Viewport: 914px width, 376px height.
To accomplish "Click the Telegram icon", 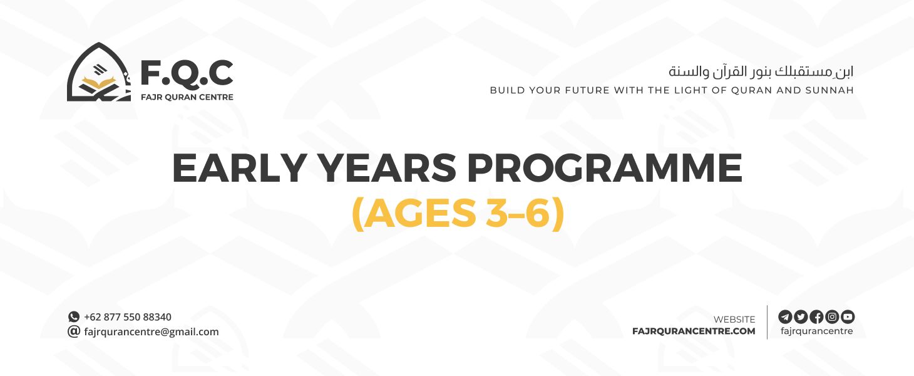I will [785, 316].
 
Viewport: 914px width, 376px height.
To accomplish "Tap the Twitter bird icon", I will [801, 316].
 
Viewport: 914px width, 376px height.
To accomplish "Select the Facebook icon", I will [816, 316].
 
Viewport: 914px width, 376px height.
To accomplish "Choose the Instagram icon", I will [832, 316].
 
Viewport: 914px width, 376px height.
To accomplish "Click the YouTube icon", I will [848, 316].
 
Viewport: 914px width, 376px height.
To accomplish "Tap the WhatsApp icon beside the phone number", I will [74, 317].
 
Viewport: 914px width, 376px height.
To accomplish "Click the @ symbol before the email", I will [74, 332].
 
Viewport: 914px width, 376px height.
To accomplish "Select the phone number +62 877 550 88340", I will [128, 317].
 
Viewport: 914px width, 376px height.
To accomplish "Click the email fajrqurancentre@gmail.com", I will [151, 332].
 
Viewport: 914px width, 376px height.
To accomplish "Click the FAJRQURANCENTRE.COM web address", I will [694, 332].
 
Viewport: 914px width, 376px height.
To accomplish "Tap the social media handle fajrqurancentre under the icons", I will [816, 331].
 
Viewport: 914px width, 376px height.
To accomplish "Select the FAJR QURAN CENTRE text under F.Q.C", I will [187, 97].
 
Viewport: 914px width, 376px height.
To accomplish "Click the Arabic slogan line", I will [761, 71].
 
